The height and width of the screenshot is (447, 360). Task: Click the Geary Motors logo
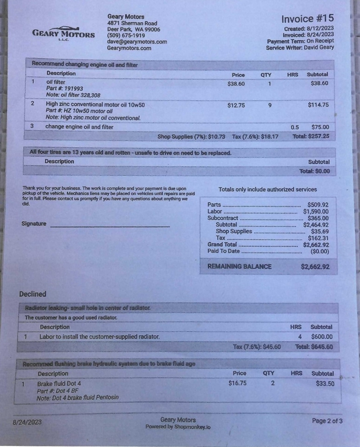coord(63,33)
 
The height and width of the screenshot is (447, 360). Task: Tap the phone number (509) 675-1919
coord(126,36)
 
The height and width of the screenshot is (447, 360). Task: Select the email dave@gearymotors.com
coord(137,42)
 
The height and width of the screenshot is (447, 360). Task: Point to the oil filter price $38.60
coord(236,84)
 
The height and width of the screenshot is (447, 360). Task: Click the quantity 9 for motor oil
coord(269,105)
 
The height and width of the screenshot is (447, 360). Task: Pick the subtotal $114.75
coord(318,105)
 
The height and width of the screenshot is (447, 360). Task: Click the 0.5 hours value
coord(295,127)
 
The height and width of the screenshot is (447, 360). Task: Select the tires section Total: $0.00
coord(315,171)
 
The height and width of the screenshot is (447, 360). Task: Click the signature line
coord(110,225)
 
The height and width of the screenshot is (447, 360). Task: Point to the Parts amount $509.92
coord(317,205)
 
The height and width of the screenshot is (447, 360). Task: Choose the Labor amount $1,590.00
coord(316,212)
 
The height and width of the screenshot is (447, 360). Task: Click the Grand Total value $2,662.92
coord(316,245)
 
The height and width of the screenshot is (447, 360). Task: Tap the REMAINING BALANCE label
coord(239,267)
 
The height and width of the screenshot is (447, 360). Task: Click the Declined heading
coord(33,294)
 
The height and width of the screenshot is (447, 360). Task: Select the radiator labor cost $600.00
coord(322,336)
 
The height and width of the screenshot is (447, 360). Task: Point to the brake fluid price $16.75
coord(238,384)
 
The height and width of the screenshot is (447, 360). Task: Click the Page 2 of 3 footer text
coord(327,420)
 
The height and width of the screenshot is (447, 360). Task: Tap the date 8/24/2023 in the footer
coord(27,422)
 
